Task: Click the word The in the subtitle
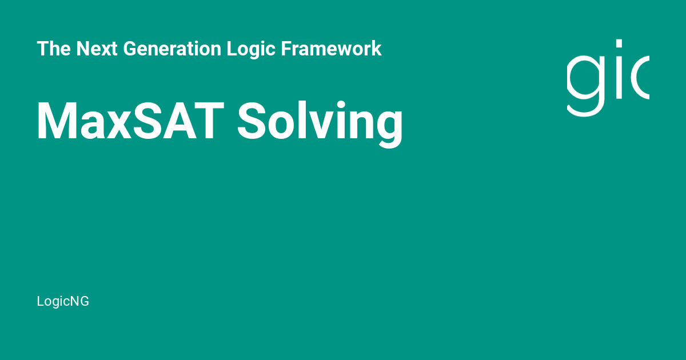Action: tap(54, 49)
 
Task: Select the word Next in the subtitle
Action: tap(97, 49)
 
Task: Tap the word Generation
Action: tap(172, 49)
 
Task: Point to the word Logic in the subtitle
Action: tap(251, 49)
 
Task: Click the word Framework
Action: tap(331, 49)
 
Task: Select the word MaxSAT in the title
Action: tap(131, 121)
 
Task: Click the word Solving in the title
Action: tap(320, 124)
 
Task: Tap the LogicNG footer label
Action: tap(63, 301)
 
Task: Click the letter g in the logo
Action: tap(585, 86)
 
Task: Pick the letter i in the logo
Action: tap(619, 69)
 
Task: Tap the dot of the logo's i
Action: tap(619, 43)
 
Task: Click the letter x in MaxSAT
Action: tap(117, 126)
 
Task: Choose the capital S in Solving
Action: tap(252, 121)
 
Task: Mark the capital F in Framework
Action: tap(286, 49)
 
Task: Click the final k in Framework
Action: tap(376, 49)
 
